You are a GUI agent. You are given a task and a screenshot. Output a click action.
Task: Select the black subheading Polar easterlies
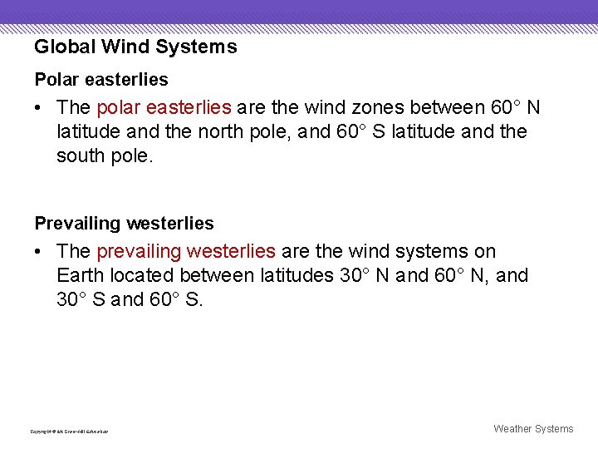click(100, 80)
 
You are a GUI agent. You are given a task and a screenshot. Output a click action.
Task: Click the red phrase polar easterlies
click(164, 108)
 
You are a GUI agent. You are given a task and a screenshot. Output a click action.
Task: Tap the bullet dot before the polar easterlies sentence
click(40, 108)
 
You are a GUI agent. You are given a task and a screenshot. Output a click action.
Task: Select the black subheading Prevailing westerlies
click(124, 224)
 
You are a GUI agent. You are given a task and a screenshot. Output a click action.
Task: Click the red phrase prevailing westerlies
click(186, 251)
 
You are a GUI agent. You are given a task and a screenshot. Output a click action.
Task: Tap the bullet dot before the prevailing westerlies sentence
click(40, 251)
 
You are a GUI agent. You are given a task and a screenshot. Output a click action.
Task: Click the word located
click(151, 275)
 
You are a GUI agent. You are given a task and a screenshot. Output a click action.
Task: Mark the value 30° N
click(365, 275)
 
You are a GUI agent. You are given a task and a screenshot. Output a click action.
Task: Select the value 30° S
click(81, 299)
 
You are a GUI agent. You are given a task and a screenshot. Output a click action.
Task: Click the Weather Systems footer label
click(533, 429)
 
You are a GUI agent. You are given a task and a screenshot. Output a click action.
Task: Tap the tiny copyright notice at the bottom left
click(69, 432)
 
